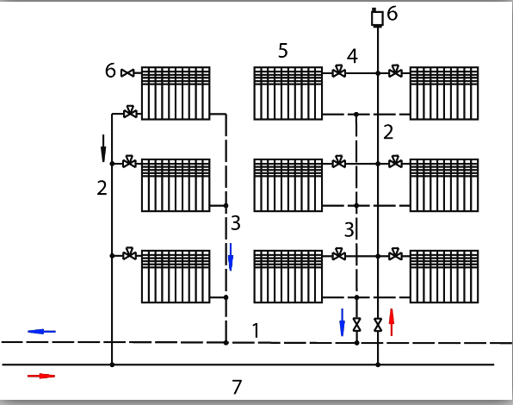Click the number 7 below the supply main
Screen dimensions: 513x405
click(237, 387)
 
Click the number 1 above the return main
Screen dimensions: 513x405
click(256, 330)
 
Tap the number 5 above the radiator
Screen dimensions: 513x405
click(283, 51)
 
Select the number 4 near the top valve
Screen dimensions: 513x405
click(352, 56)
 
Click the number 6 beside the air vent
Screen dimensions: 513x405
click(392, 14)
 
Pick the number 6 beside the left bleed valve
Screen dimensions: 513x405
click(110, 71)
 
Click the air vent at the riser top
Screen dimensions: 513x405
click(377, 18)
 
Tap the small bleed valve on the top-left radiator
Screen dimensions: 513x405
click(127, 73)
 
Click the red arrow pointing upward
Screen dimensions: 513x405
click(392, 322)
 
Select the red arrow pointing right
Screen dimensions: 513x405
click(41, 376)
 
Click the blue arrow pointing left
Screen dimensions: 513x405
click(41, 332)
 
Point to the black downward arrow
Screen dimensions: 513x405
click(103, 148)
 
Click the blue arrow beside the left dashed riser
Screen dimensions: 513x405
click(231, 257)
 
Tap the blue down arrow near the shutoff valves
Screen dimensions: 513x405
click(343, 322)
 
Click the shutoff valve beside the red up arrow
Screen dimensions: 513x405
click(378, 325)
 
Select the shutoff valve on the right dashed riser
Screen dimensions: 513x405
click(356, 325)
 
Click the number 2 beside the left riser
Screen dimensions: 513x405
click(102, 188)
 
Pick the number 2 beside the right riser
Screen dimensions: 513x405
click(388, 133)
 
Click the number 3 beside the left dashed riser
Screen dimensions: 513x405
click(236, 223)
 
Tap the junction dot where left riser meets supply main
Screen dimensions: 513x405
click(112, 364)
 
